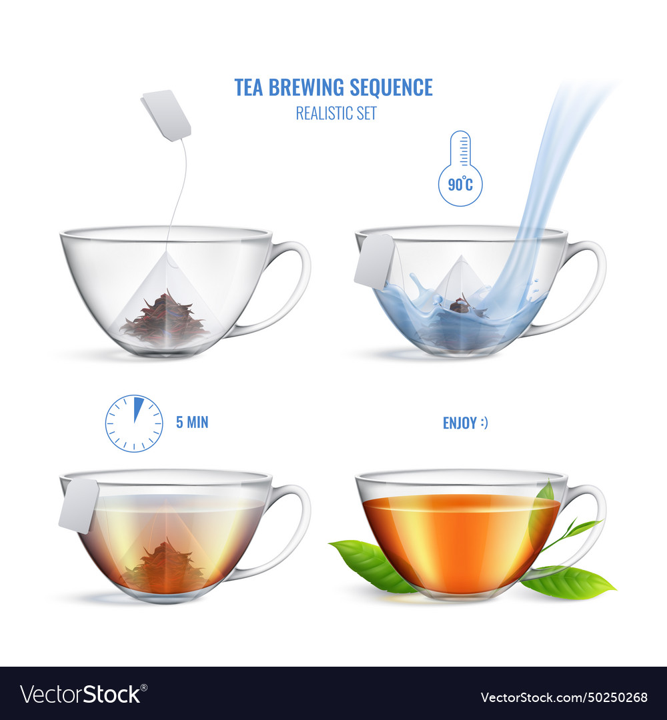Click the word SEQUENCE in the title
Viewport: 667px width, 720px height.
(392, 87)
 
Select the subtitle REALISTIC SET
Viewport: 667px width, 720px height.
(336, 113)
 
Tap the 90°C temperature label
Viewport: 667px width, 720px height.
(460, 183)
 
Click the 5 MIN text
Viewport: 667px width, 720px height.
(191, 423)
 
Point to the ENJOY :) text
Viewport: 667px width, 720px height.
(465, 423)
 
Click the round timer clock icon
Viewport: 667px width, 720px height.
(134, 423)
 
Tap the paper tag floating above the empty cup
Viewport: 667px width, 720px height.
(166, 115)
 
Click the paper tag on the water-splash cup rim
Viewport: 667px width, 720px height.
(374, 261)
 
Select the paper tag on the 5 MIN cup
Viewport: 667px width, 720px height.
(79, 505)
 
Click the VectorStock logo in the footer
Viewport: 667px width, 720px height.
(81, 694)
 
